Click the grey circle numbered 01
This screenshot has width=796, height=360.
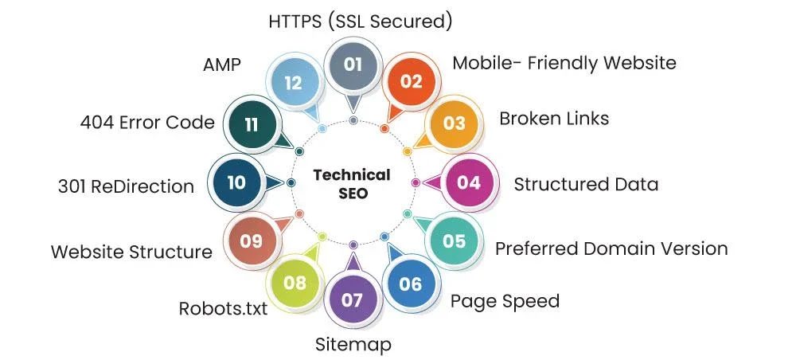coord(353,65)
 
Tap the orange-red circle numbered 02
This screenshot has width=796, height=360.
coord(412,81)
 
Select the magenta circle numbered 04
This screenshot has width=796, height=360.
coord(469,182)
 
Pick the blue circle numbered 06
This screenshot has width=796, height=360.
coord(411,284)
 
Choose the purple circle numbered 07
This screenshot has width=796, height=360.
coord(353,300)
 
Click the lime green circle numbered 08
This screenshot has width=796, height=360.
coord(295,283)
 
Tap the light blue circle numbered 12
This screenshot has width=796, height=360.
coord(294,83)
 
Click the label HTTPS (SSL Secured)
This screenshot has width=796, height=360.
coord(361,22)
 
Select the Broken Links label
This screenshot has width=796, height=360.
coord(554,119)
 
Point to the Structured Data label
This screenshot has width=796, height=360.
coord(586,184)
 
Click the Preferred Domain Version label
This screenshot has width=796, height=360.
coord(611,248)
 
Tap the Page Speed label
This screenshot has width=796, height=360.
coord(505,301)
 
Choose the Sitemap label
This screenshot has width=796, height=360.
coord(353,344)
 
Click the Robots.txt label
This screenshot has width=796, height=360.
coord(223,308)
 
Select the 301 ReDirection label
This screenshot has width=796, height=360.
coord(126,186)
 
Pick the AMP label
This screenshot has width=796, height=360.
coord(221,65)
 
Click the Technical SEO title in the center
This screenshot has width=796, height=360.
coord(352,184)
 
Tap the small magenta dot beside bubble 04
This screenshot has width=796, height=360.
coord(416,182)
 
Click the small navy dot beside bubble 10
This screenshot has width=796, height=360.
coord(291,182)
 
